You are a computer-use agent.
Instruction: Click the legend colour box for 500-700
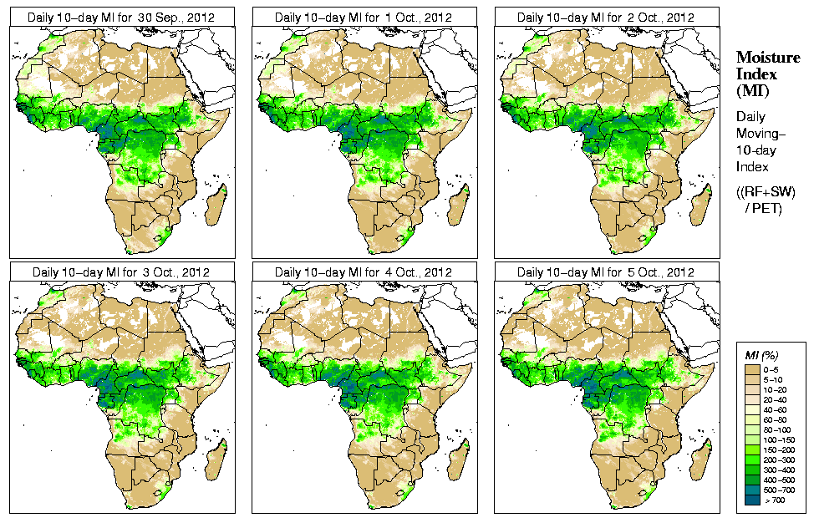click(x=751, y=488)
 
